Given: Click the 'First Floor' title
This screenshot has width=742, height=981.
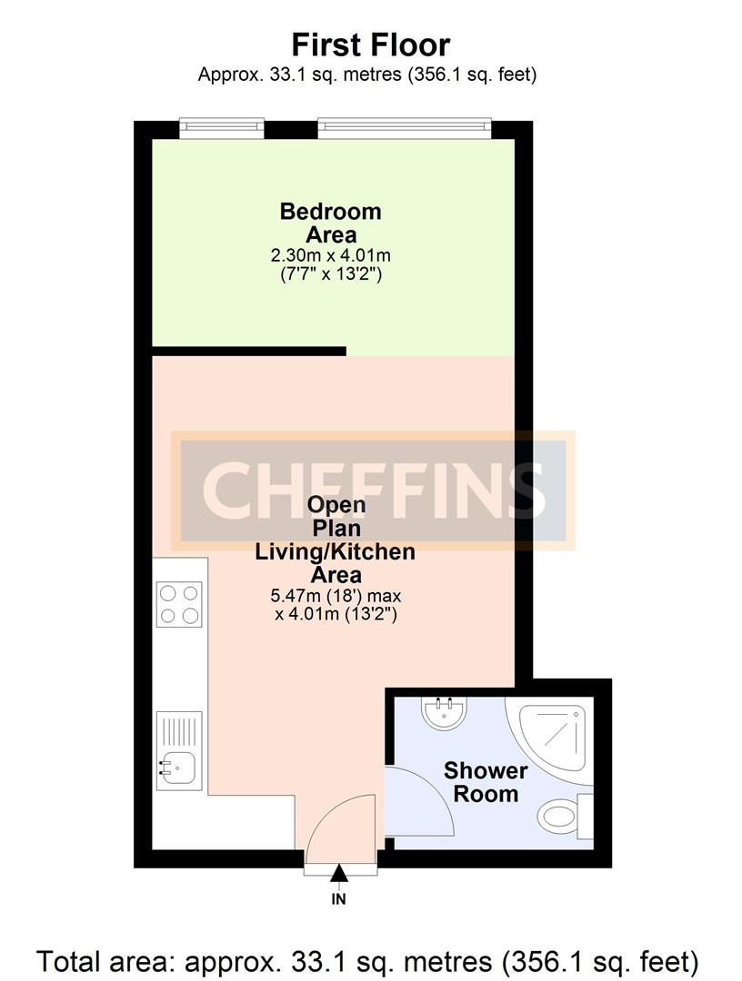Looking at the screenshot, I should coord(370,45).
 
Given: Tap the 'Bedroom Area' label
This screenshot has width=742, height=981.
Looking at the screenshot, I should coord(330,223).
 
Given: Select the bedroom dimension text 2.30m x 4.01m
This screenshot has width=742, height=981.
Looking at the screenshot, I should coord(330,255).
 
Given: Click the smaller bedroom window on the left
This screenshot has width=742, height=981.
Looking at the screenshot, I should coord(222,128).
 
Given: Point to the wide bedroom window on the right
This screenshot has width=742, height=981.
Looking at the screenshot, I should coord(405,128).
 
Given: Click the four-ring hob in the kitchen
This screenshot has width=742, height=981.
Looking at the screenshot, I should coord(179,604).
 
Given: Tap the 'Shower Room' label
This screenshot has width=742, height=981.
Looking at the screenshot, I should coord(486,782).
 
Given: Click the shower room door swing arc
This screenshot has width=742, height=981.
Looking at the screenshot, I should coord(421,799).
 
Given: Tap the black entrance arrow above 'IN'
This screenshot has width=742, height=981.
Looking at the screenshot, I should coord(339,874).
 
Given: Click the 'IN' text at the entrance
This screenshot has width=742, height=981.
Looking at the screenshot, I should coord(339,900).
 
